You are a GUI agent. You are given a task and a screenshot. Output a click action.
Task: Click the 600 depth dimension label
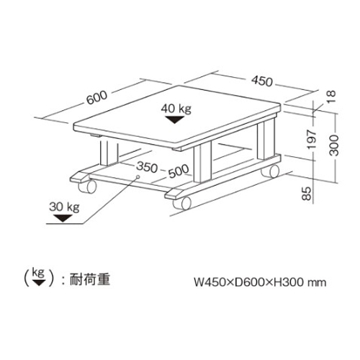pyautogui.click(x=97, y=98)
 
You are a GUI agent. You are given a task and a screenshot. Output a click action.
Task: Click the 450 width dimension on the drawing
pyautogui.click(x=262, y=81)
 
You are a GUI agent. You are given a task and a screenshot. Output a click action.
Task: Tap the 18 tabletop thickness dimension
pyautogui.click(x=331, y=96)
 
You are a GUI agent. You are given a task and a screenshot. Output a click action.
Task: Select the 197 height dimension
pyautogui.click(x=312, y=139)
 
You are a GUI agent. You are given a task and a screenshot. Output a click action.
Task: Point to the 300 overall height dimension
pyautogui.click(x=334, y=145)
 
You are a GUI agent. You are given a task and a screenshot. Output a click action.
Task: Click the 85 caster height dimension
pyautogui.click(x=307, y=194)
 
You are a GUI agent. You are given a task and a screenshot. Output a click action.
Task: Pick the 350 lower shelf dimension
pyautogui.click(x=147, y=166)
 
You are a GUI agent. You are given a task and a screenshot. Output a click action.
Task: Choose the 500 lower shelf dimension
pyautogui.click(x=179, y=171)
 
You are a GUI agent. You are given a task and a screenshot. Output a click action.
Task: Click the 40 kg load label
pyautogui.click(x=176, y=109)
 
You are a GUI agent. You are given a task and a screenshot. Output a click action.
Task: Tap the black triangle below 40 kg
pyautogui.click(x=175, y=120)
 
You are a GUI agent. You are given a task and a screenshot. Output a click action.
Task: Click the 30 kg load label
pyautogui.click(x=64, y=207)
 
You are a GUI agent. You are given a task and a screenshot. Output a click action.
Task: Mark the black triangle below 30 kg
pyautogui.click(x=63, y=218)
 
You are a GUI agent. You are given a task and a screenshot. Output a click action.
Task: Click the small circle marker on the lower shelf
pyautogui.click(x=138, y=177)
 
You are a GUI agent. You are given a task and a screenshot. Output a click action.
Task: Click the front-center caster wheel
pyautogui.click(x=182, y=203)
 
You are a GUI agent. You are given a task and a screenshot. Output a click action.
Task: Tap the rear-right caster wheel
pyautogui.click(x=270, y=171)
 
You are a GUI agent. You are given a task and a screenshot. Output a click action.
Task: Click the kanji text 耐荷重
pyautogui.click(x=90, y=279)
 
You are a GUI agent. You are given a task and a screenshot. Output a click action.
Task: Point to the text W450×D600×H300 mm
pyautogui.click(x=260, y=282)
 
